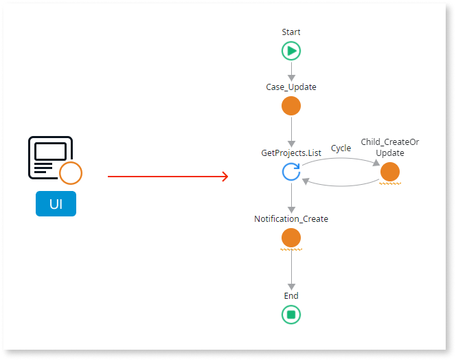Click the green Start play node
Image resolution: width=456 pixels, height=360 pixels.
pyautogui.click(x=291, y=51)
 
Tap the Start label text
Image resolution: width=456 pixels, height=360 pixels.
pyautogui.click(x=291, y=32)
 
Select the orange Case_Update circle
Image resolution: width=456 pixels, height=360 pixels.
pyautogui.click(x=291, y=106)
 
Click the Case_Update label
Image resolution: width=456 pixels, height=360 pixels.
pyautogui.click(x=291, y=87)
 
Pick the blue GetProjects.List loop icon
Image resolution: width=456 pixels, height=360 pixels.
pyautogui.click(x=291, y=172)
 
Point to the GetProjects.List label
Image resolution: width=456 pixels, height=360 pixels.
pyautogui.click(x=291, y=153)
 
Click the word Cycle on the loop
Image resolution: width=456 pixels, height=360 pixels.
pyautogui.click(x=341, y=148)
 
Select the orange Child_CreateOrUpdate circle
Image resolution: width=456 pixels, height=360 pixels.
pyautogui.click(x=389, y=172)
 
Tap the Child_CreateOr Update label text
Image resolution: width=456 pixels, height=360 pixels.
pyautogui.click(x=389, y=147)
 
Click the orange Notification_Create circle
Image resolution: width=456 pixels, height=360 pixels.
pyautogui.click(x=291, y=238)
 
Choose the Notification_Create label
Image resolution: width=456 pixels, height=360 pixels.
pyautogui.click(x=291, y=219)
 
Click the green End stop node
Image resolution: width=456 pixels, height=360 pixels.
pyautogui.click(x=291, y=315)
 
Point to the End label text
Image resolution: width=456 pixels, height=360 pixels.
pyautogui.click(x=291, y=296)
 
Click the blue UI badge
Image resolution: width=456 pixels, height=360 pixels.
pyautogui.click(x=56, y=204)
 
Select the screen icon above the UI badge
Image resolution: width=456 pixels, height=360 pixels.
pyautogui.click(x=49, y=157)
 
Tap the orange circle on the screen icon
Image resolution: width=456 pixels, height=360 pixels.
pyautogui.click(x=70, y=173)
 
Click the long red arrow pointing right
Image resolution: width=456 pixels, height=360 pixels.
pyautogui.click(x=168, y=177)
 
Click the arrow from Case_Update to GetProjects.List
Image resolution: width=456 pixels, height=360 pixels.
pyautogui.click(x=291, y=131)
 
